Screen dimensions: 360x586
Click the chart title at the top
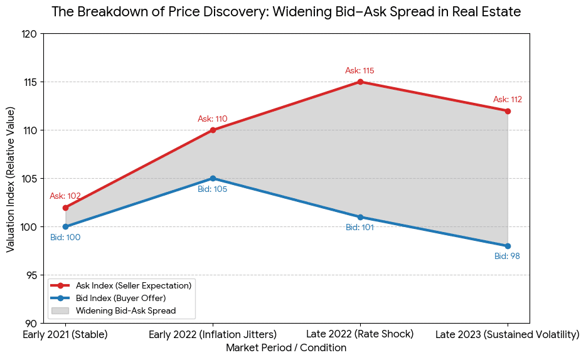(x=286, y=12)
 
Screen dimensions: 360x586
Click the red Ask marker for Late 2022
(x=360, y=82)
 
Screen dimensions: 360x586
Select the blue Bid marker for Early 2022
(x=213, y=178)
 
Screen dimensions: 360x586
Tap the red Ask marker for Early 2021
(x=65, y=208)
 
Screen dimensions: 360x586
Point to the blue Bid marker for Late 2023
(x=508, y=246)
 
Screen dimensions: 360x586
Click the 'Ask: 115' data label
(x=360, y=71)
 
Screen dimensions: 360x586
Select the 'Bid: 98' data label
(x=507, y=257)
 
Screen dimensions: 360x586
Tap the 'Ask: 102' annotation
(x=65, y=196)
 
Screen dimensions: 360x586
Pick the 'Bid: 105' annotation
(x=212, y=189)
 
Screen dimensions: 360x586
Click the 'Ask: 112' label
(x=507, y=100)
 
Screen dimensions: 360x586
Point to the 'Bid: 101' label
(x=360, y=228)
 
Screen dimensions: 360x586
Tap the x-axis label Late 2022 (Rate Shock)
(x=360, y=335)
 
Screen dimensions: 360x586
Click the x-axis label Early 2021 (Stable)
(x=65, y=335)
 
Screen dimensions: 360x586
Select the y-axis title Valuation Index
(x=11, y=179)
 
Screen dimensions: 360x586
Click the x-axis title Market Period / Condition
(x=286, y=348)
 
